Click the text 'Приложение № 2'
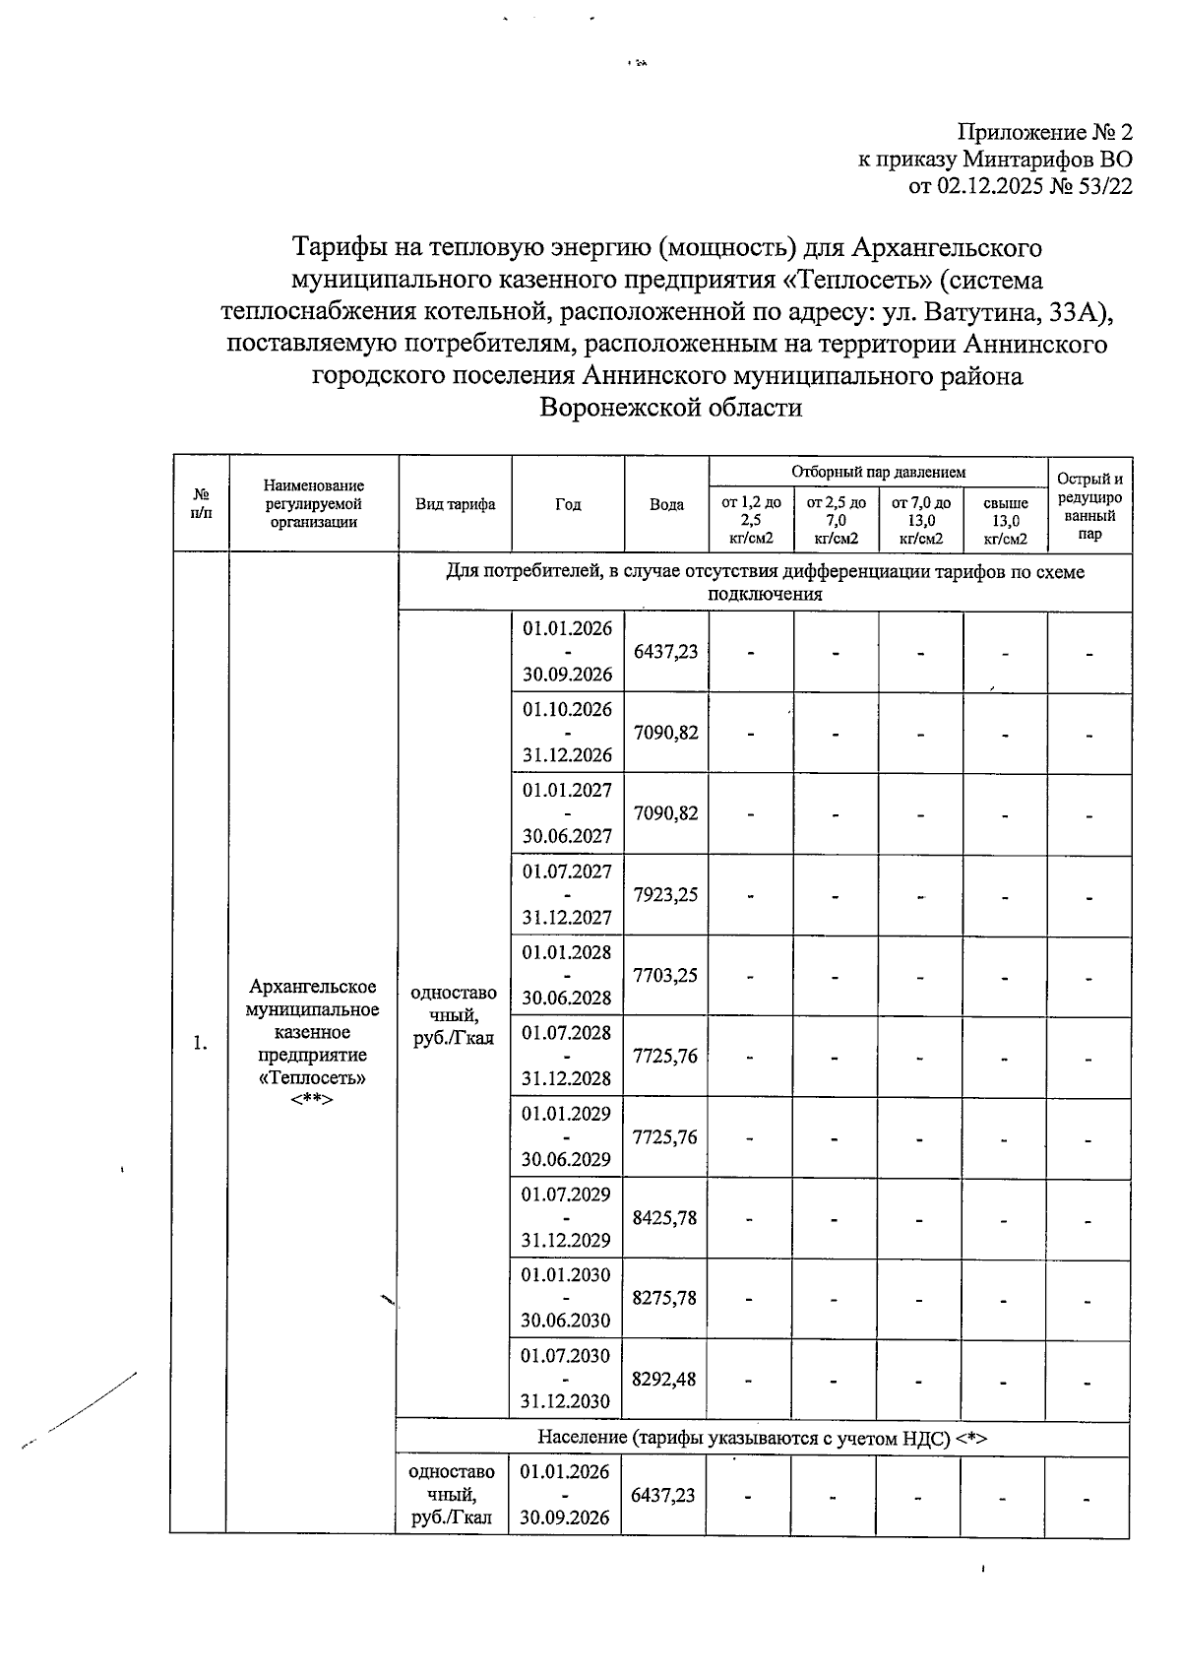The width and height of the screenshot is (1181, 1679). pyautogui.click(x=1045, y=132)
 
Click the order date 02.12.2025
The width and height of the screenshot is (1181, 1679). pyautogui.click(x=993, y=186)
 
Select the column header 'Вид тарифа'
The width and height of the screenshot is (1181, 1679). pyautogui.click(x=455, y=504)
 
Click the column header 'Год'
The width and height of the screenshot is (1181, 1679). pyautogui.click(x=568, y=504)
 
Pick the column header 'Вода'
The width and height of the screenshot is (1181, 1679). pyautogui.click(x=666, y=504)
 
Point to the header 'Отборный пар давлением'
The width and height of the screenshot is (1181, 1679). pyautogui.click(x=878, y=473)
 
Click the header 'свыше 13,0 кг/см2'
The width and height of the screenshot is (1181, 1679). pyautogui.click(x=1005, y=520)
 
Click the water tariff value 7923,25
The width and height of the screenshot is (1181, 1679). pyautogui.click(x=665, y=894)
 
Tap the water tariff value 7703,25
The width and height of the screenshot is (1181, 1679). pyautogui.click(x=665, y=975)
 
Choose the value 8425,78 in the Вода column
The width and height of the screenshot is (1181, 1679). pyautogui.click(x=665, y=1217)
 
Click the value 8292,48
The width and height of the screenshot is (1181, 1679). pyautogui.click(x=665, y=1379)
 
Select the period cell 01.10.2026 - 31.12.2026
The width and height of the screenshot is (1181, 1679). pyautogui.click(x=567, y=733)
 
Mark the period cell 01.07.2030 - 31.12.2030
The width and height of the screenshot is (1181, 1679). pyautogui.click(x=567, y=1379)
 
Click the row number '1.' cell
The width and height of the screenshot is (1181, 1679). pyautogui.click(x=201, y=1043)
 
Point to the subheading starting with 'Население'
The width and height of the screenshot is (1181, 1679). pyautogui.click(x=762, y=1438)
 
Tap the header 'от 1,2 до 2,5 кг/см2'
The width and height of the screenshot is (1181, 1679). pyautogui.click(x=751, y=520)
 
